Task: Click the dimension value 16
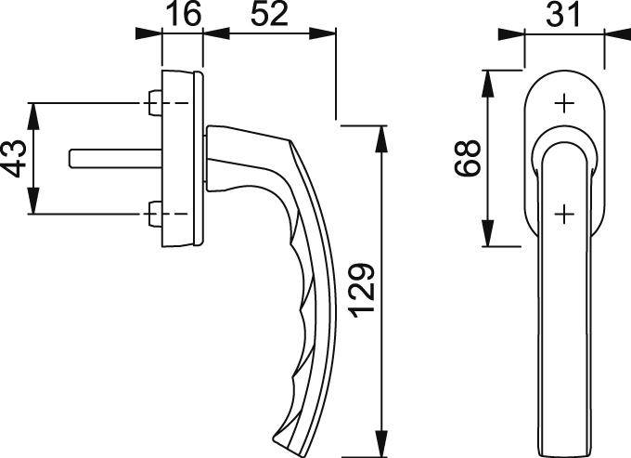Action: tap(182, 15)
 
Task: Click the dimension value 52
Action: tap(269, 15)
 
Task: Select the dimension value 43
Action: tap(13, 158)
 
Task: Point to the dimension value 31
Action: tap(565, 15)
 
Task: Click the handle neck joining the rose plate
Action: tap(223, 158)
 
